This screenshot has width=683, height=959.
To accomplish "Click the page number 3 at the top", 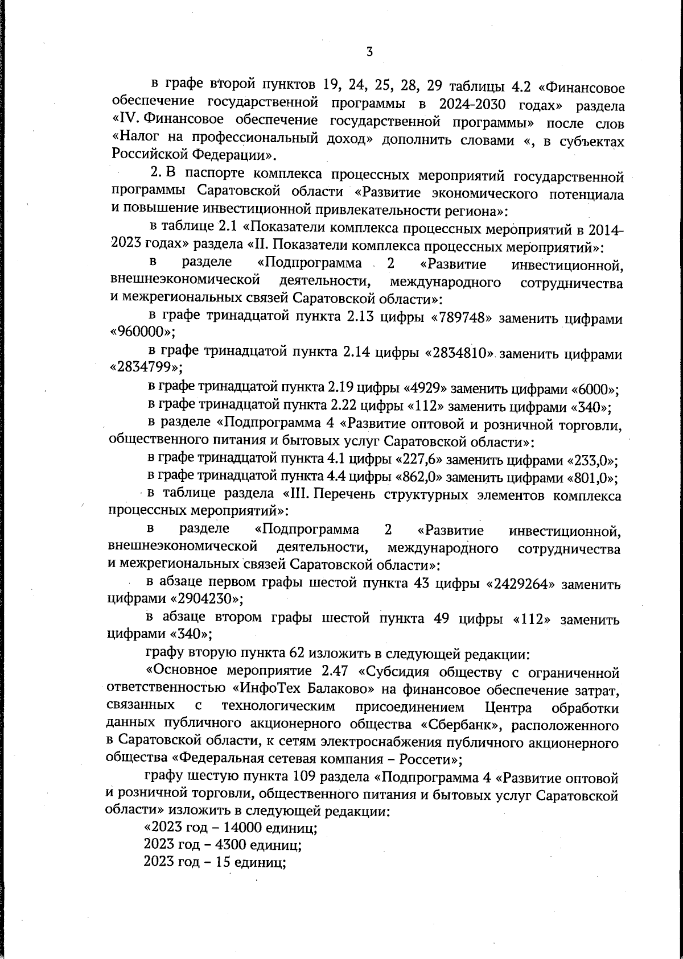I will tap(369, 52).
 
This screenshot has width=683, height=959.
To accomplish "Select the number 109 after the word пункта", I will tap(304, 778).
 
